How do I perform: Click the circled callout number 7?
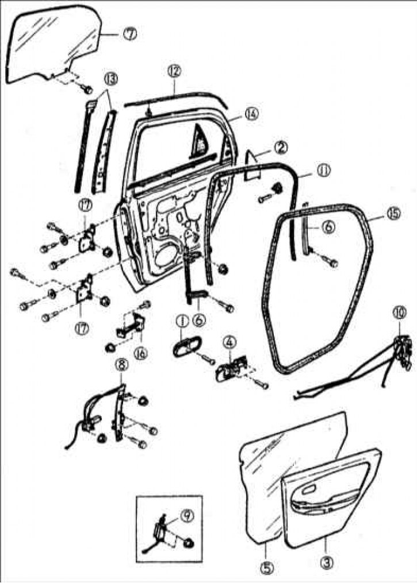129,34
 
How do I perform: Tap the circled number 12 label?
174,72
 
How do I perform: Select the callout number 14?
251,114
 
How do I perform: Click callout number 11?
324,171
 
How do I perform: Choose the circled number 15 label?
393,213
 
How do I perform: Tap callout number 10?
399,314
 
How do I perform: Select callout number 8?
122,365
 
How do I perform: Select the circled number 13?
110,79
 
